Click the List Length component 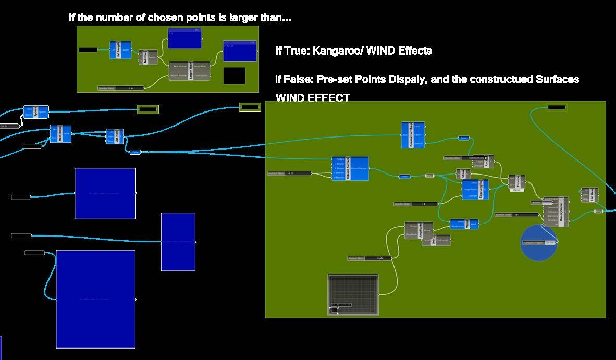[x=120, y=50]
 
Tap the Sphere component [x=36, y=112]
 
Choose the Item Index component [x=60, y=133]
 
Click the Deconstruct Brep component [x=413, y=135]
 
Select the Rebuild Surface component [x=350, y=168]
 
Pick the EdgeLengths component [x=475, y=190]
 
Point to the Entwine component [x=516, y=182]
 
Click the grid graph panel [x=353, y=294]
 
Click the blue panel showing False [x=240, y=51]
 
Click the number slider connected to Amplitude [x=369, y=258]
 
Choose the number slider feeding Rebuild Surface [x=289, y=173]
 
